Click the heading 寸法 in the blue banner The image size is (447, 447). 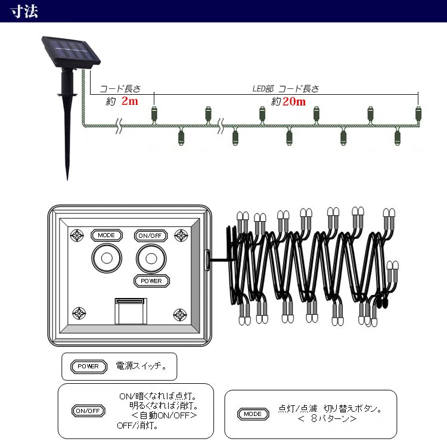click(x=24, y=11)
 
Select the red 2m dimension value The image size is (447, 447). click(x=129, y=101)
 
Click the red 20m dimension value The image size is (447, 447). click(x=294, y=101)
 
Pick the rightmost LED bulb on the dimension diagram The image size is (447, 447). click(x=418, y=113)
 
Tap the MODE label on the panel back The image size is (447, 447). click(x=106, y=235)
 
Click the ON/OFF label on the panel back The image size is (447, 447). click(x=150, y=235)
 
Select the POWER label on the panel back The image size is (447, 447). click(x=151, y=281)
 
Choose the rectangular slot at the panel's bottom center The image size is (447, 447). click(x=130, y=310)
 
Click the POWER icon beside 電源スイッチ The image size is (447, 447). click(x=89, y=366)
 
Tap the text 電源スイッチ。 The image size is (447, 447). click(x=141, y=366)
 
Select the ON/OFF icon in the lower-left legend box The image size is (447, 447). click(x=88, y=411)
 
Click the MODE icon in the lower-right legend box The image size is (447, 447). click(x=253, y=414)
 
